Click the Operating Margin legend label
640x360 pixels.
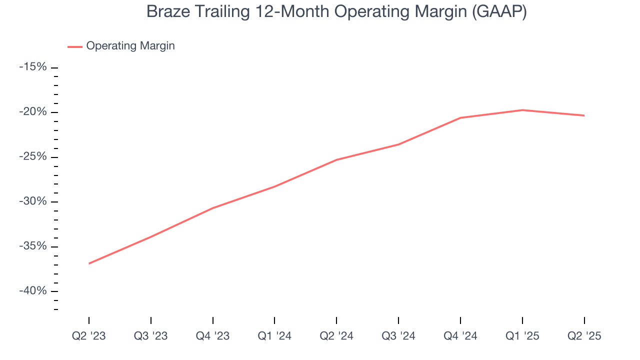pyautogui.click(x=130, y=46)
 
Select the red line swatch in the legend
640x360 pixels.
pyautogui.click(x=75, y=46)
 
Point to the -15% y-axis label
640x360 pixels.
pyautogui.click(x=33, y=67)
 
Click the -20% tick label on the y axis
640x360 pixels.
pyautogui.click(x=33, y=112)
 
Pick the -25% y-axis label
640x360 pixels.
pyautogui.click(x=33, y=157)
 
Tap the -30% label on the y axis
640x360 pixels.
pyautogui.click(x=33, y=201)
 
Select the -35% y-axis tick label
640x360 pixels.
pyautogui.click(x=33, y=246)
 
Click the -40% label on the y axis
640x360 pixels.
pyautogui.click(x=33, y=291)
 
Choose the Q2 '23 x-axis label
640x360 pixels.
pyautogui.click(x=89, y=336)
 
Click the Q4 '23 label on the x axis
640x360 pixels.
pyautogui.click(x=213, y=336)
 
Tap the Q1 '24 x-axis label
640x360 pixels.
pyautogui.click(x=274, y=336)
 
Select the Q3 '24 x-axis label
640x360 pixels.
pyautogui.click(x=398, y=336)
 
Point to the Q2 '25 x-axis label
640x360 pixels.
pyautogui.click(x=584, y=336)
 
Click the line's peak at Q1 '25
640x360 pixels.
pyautogui.click(x=522, y=110)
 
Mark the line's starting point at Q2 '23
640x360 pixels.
pyautogui.click(x=89, y=263)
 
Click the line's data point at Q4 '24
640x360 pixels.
pyautogui.click(x=460, y=117)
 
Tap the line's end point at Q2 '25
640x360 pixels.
pyautogui.click(x=584, y=115)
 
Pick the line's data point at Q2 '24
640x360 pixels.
pyautogui.click(x=336, y=159)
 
